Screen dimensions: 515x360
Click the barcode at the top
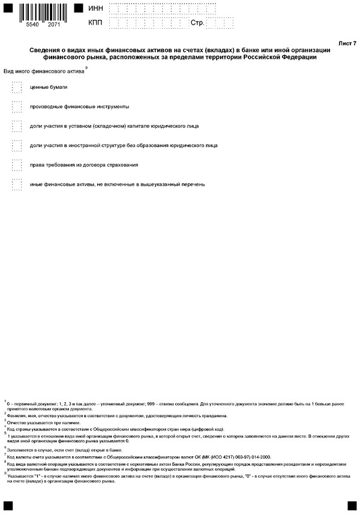point(41,10)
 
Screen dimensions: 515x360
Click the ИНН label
point(95,9)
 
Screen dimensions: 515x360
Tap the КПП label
point(95,23)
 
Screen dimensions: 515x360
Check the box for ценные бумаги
point(17,88)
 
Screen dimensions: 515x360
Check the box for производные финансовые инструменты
point(17,107)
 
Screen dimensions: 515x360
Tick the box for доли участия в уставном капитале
point(17,126)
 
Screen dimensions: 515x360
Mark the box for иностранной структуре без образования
point(17,145)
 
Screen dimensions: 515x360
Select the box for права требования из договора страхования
point(17,164)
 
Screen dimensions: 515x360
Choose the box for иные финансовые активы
point(17,184)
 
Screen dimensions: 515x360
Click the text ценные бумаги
point(49,88)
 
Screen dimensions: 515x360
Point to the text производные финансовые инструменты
point(79,107)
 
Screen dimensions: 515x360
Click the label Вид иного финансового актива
point(44,71)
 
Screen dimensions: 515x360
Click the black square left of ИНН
point(78,8)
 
